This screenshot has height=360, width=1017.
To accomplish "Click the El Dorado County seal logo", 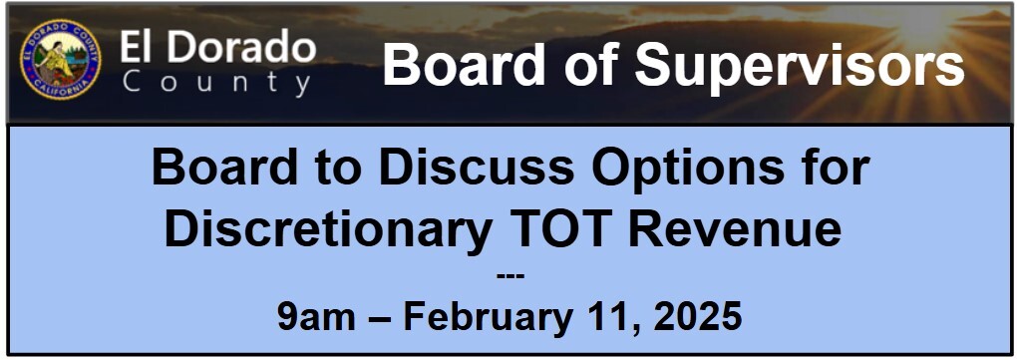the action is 60,60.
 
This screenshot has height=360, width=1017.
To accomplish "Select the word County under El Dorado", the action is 216,83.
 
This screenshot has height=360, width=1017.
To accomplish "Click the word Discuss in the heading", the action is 476,168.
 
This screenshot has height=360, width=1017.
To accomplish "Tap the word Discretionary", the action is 326,230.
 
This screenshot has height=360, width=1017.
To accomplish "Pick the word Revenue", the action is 735,230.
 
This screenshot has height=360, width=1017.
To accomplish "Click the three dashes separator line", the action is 509,276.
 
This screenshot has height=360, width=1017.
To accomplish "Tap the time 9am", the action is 316,317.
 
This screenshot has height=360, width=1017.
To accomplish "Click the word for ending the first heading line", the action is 838,168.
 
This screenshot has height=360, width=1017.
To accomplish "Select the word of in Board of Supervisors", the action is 589,64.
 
